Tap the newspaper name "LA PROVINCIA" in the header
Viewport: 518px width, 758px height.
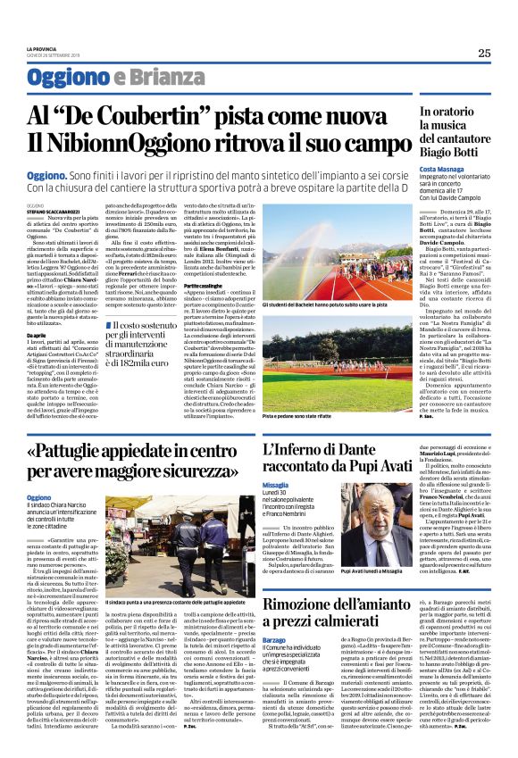click(42, 48)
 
